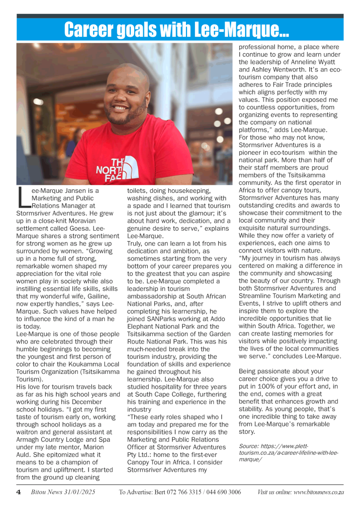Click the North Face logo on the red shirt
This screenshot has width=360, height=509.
(117, 167)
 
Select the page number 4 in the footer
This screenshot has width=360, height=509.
(18, 492)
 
